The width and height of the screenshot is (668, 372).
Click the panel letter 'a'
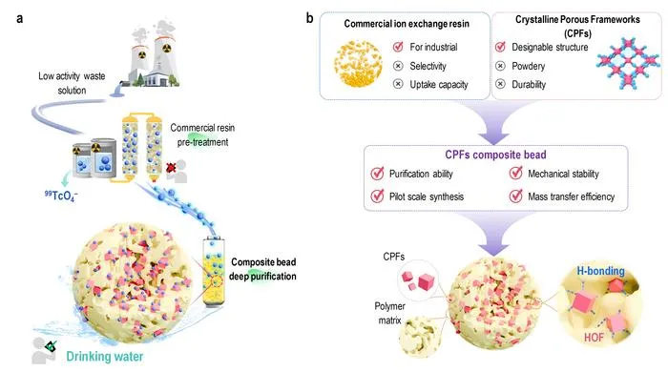(20, 19)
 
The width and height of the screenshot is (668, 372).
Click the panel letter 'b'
(310, 18)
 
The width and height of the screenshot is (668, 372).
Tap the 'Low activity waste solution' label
(72, 83)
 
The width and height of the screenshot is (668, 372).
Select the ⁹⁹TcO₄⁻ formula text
(61, 196)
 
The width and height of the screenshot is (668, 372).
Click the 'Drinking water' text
(105, 357)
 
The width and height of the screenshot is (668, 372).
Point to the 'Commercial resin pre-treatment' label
(202, 134)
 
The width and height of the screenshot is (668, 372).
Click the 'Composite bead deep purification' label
(262, 269)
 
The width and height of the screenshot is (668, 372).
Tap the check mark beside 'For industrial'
(398, 47)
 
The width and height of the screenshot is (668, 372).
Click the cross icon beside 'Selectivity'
(398, 66)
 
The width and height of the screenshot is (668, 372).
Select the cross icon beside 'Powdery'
(501, 66)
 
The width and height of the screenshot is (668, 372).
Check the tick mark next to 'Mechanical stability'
(516, 173)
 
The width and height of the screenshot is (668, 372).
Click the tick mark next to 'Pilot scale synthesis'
(377, 196)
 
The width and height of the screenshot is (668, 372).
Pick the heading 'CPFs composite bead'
(495, 155)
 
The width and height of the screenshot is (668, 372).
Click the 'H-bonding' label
(600, 271)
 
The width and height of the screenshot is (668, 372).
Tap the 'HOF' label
(594, 338)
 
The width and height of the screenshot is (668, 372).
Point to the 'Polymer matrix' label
(389, 313)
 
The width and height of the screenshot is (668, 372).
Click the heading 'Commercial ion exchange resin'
(407, 24)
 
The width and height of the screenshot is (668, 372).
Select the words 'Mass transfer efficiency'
(572, 196)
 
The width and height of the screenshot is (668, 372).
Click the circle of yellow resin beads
(358, 63)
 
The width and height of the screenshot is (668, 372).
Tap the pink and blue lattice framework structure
(628, 63)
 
